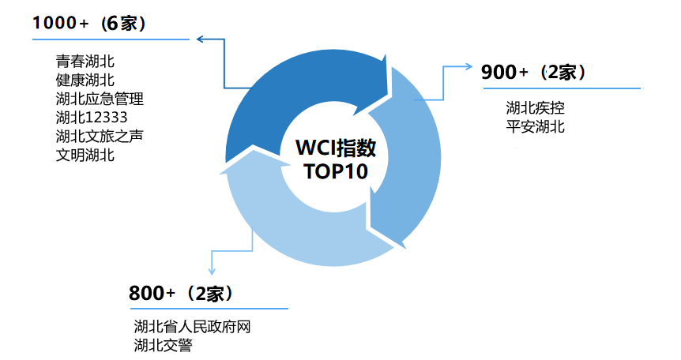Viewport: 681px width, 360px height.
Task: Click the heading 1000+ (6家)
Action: (89, 24)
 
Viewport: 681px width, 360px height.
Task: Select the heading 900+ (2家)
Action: (533, 73)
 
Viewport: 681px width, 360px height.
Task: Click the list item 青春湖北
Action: (85, 62)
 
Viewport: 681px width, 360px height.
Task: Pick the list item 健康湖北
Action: (85, 81)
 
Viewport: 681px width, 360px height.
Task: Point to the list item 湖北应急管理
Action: (100, 99)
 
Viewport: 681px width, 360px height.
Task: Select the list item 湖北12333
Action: (92, 118)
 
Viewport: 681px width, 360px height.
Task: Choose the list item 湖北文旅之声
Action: (100, 137)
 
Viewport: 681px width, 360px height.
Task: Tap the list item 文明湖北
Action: (85, 156)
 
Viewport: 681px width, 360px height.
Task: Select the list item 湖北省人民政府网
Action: (192, 327)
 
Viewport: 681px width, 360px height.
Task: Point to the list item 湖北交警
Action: (163, 346)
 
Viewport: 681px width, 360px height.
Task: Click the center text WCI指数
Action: (336, 148)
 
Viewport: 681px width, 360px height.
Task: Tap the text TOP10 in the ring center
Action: (336, 171)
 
